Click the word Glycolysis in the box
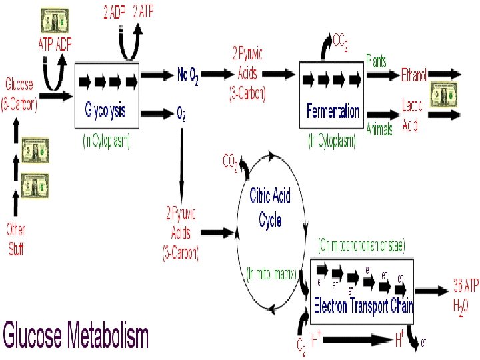tap(105, 109)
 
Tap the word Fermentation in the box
tap(333, 111)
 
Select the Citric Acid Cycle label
tap(270, 207)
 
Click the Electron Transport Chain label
tap(364, 307)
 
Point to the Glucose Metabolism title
tap(76, 335)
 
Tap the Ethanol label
tap(413, 75)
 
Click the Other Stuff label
tap(16, 240)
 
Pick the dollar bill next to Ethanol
tap(441, 93)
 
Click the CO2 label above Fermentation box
tap(341, 41)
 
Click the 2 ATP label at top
tap(143, 11)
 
